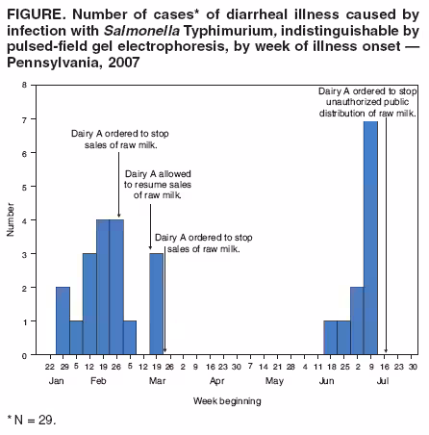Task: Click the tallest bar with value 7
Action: point(370,238)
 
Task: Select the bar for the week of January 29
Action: point(63,320)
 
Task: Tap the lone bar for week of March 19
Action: point(156,303)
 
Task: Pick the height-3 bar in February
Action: point(89,303)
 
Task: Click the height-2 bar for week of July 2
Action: point(357,320)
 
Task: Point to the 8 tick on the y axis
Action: point(25,86)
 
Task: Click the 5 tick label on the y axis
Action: point(25,187)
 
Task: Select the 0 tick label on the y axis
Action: point(25,355)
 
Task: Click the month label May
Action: point(274,382)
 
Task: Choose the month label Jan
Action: point(56,382)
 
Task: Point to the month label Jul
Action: point(382,382)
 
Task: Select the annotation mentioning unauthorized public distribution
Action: point(368,101)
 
